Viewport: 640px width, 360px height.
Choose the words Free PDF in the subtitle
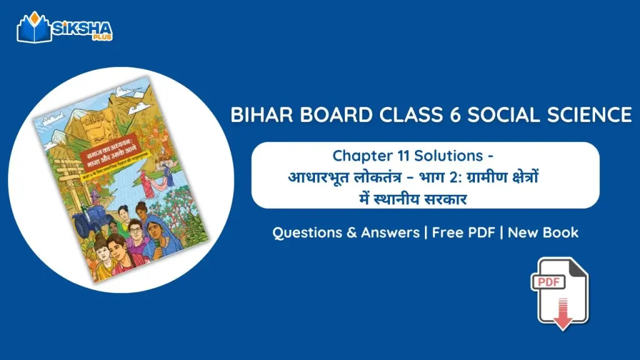462,232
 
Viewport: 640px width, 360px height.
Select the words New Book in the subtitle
543,232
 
